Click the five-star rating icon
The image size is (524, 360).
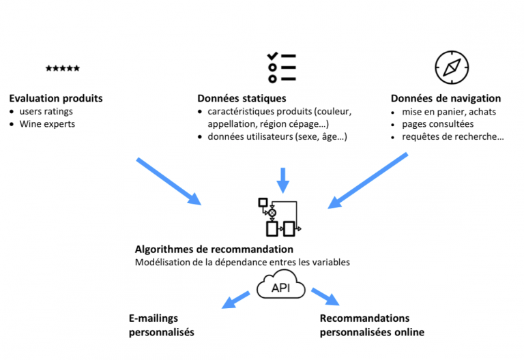coord(63,68)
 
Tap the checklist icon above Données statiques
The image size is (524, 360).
coord(282,67)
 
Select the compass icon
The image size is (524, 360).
coord(452,67)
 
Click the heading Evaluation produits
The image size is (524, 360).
coord(56,98)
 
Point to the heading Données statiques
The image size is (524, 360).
coord(242,98)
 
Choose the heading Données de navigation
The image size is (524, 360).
coord(446,98)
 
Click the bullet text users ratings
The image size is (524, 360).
coord(46,111)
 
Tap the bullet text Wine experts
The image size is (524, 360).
coord(47,124)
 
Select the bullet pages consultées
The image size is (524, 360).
coord(438,124)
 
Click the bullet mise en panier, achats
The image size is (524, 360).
coord(449,112)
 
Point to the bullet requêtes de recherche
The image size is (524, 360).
coord(453,136)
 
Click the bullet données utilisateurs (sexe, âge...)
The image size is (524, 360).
coord(278,136)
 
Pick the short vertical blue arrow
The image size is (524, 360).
coord(283,180)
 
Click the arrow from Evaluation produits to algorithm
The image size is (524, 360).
coord(169,181)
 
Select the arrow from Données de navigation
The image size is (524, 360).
coord(368,181)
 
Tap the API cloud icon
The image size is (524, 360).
coord(280,284)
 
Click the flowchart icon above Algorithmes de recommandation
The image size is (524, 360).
coord(280,217)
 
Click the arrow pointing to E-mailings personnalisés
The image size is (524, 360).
coord(236,299)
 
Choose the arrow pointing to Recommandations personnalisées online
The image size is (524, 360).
coord(325,297)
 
